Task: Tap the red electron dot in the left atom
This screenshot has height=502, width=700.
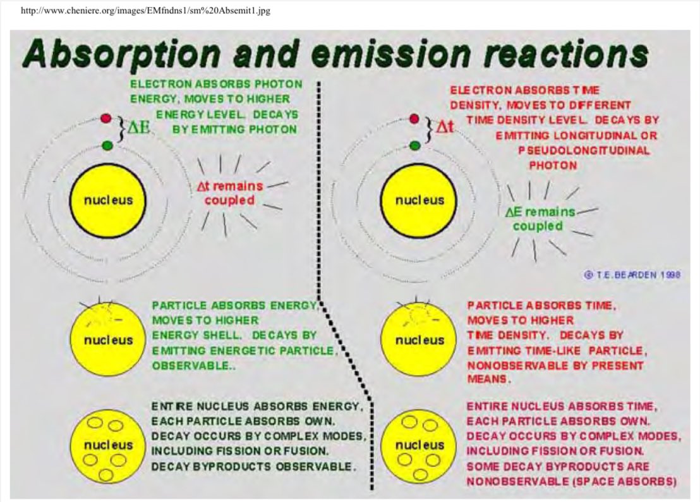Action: coord(106,118)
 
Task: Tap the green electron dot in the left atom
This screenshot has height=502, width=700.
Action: coord(106,146)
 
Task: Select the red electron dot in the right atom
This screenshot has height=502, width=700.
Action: coord(414,118)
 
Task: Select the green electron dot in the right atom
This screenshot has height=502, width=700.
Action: coord(414,146)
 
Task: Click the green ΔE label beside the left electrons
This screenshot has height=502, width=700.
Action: coord(138,126)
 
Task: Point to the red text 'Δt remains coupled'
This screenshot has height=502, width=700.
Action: coord(229,193)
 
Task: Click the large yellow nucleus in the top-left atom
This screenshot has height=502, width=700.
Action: coord(109,200)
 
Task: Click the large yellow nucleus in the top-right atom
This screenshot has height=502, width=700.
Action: coord(419,200)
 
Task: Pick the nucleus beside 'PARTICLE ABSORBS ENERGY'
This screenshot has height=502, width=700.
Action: coord(108,340)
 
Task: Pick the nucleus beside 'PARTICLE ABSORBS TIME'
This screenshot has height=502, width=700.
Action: coord(419,340)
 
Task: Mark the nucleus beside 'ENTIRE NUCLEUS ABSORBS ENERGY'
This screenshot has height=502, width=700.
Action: coord(108,444)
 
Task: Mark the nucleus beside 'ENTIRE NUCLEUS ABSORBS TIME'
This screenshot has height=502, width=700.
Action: coord(419,444)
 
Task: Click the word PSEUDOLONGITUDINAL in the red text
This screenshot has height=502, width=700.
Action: coord(583,150)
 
